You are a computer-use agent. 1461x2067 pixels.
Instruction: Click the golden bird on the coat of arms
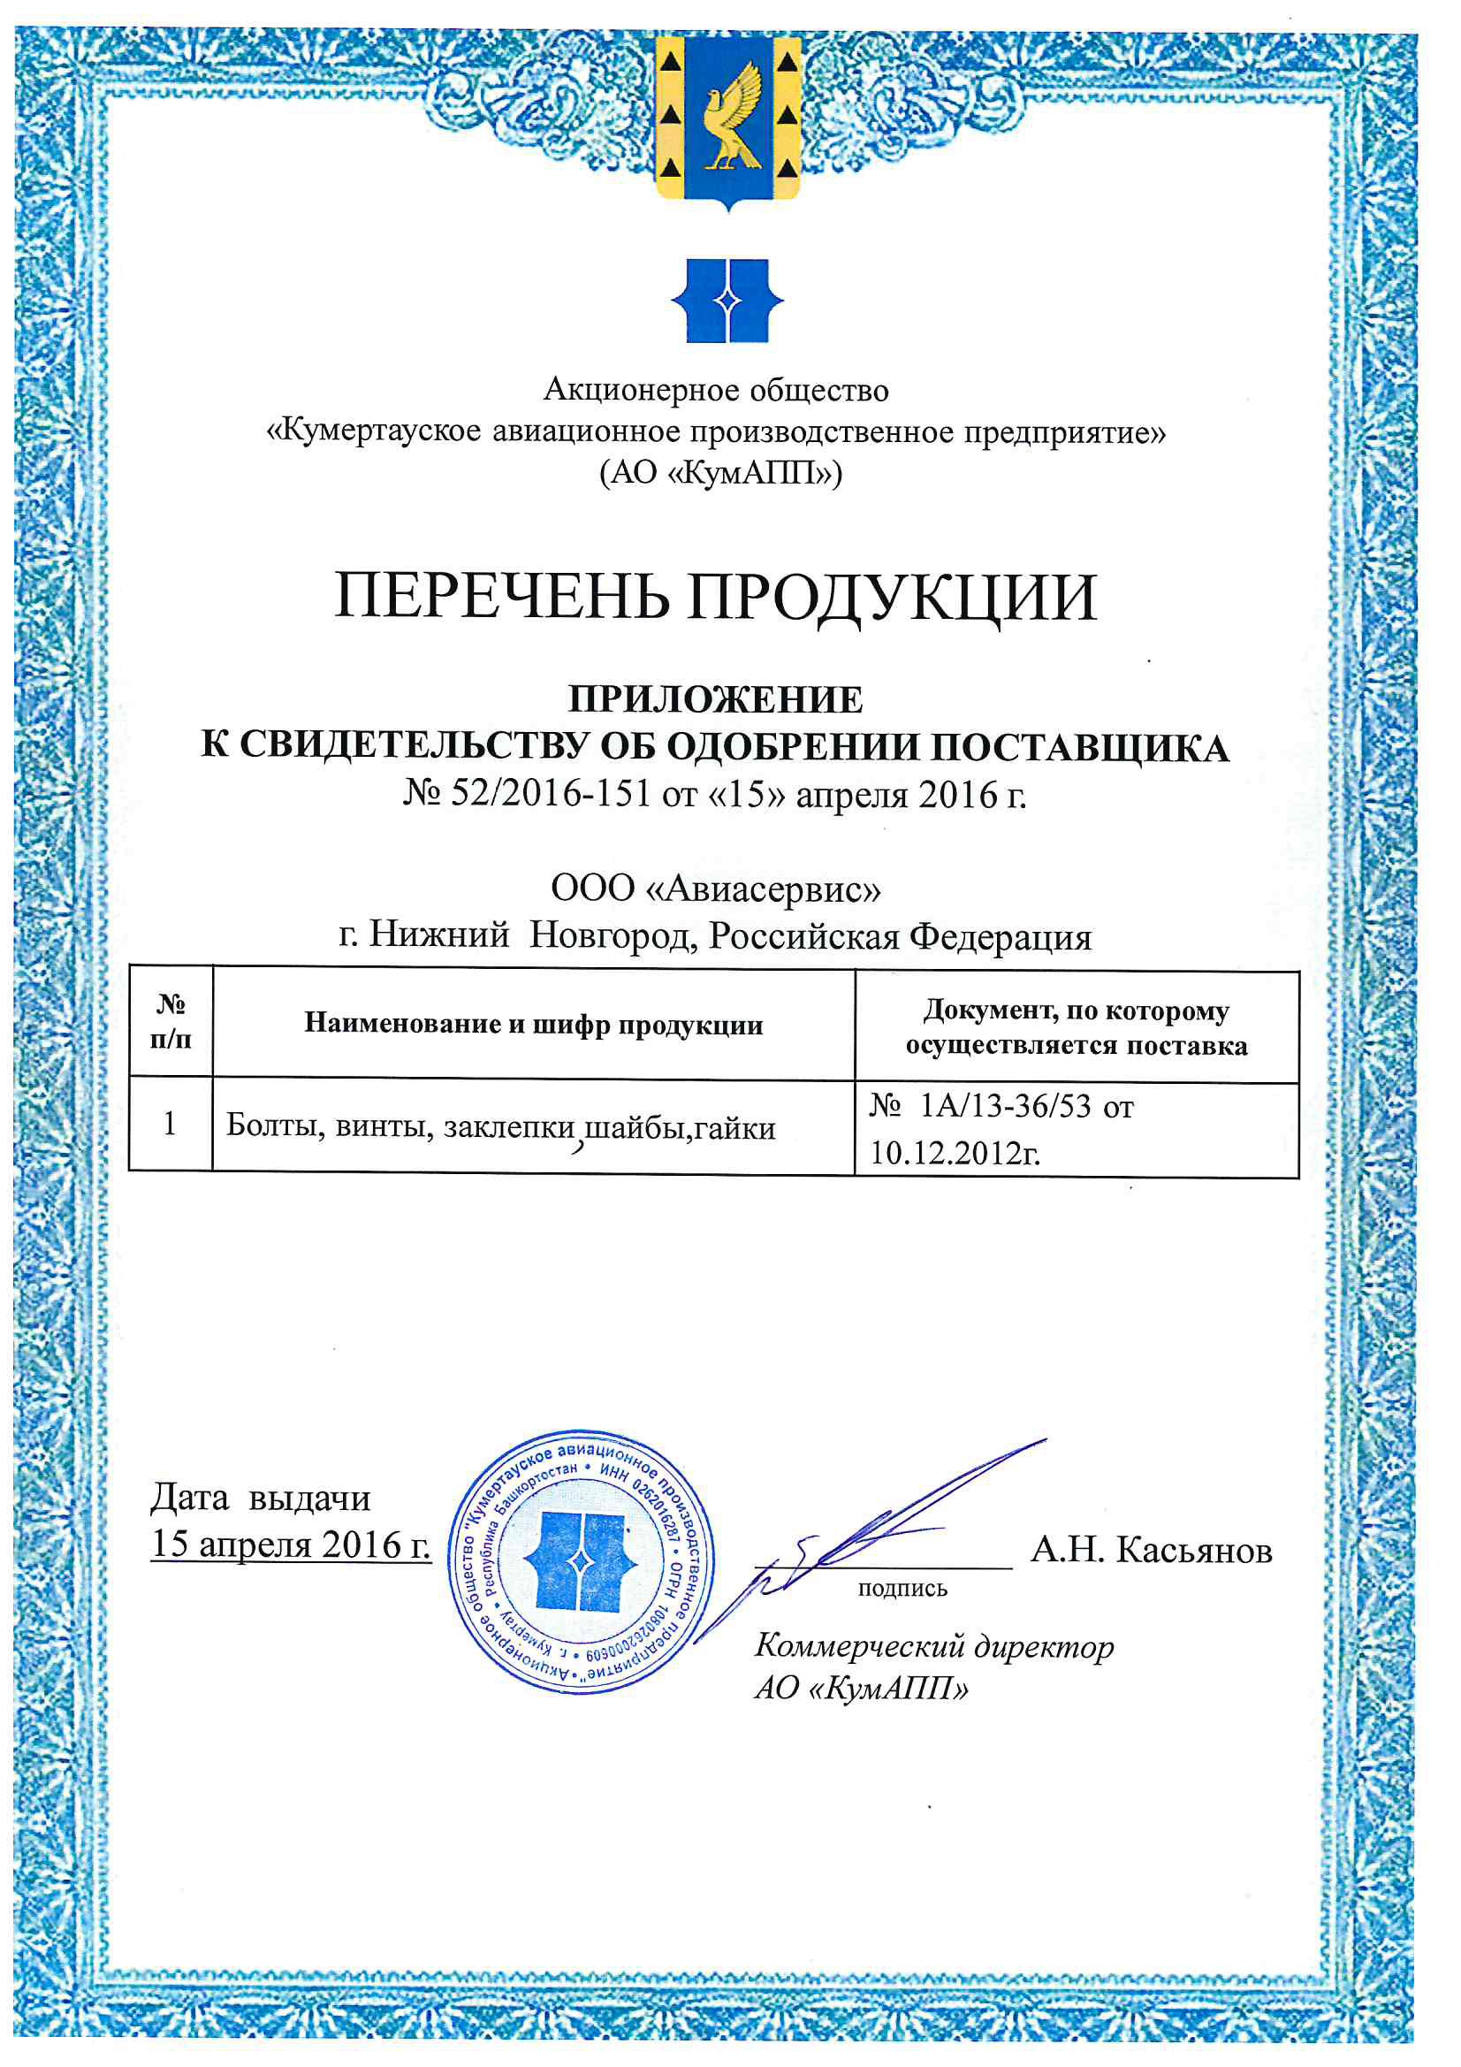(729, 117)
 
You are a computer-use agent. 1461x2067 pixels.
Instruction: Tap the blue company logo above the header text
(727, 301)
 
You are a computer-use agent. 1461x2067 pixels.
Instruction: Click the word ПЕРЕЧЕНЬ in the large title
(500, 597)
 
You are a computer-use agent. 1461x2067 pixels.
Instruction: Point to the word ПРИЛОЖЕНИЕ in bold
(716, 699)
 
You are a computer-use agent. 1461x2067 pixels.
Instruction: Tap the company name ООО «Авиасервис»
(716, 889)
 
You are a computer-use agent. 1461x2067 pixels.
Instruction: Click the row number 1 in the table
(169, 1124)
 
